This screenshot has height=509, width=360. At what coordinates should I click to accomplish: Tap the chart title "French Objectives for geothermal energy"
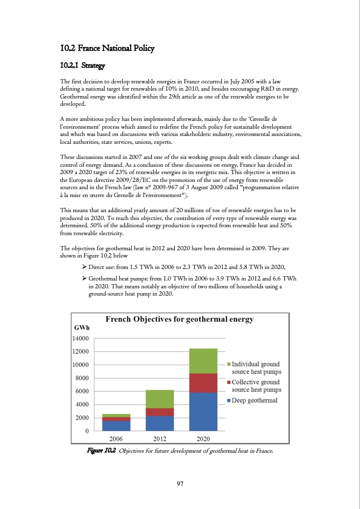pyautogui.click(x=180, y=319)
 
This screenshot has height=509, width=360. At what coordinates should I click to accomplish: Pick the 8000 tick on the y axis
pyautogui.click(x=83, y=378)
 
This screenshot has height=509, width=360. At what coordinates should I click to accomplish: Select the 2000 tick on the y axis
pyautogui.click(x=83, y=418)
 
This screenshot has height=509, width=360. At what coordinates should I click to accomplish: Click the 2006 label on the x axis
pyautogui.click(x=116, y=438)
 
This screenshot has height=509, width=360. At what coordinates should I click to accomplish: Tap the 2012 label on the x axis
pyautogui.click(x=160, y=438)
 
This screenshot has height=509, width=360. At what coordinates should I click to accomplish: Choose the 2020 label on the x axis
pyautogui.click(x=203, y=438)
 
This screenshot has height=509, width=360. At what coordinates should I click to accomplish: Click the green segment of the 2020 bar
pyautogui.click(x=203, y=361)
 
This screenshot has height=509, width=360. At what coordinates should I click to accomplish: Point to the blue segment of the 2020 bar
pyautogui.click(x=203, y=412)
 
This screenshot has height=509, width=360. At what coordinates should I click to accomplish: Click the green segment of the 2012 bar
pyautogui.click(x=160, y=399)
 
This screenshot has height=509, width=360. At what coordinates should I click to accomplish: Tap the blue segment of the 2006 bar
pyautogui.click(x=116, y=426)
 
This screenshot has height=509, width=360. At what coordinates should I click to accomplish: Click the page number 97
pyautogui.click(x=180, y=483)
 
